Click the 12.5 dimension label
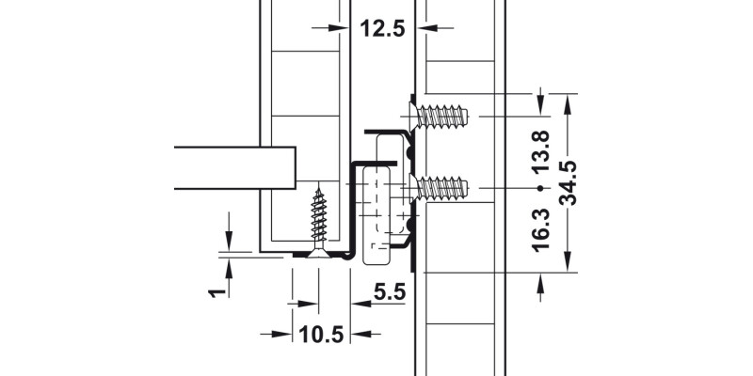click(x=382, y=29)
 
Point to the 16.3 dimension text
click(x=539, y=229)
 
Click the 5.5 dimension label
click(x=388, y=293)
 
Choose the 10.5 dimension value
click(x=320, y=335)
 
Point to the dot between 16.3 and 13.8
click(x=539, y=189)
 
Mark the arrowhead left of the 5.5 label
click(x=360, y=304)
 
